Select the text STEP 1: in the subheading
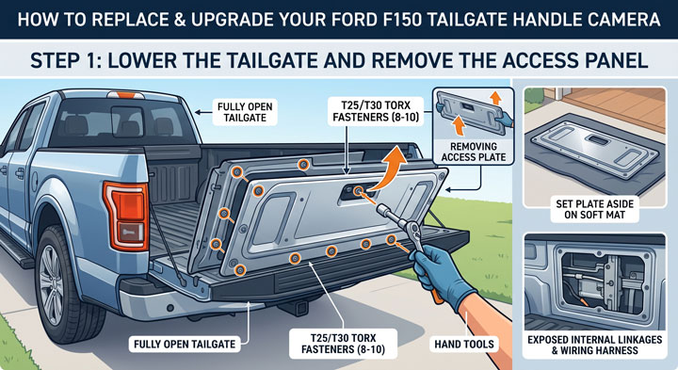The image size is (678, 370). click(x=65, y=60)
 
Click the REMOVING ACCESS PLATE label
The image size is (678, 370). click(x=474, y=153)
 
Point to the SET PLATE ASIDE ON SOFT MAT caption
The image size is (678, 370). click(x=594, y=209)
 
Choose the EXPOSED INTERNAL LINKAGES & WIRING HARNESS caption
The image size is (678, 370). click(x=594, y=345)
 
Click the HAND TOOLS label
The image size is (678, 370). click(x=464, y=344)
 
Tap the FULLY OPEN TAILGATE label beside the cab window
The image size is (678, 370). click(x=245, y=112)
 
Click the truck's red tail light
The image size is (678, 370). click(x=126, y=215)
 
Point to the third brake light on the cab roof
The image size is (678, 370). click(x=126, y=95)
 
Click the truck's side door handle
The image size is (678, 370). click(x=20, y=174)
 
